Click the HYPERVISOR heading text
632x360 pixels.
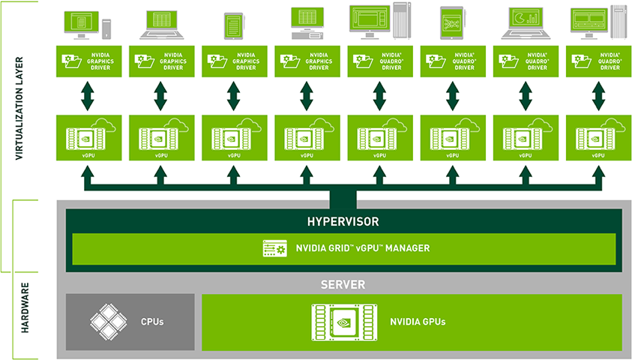click(x=343, y=222)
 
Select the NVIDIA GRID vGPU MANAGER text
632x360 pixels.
click(x=363, y=248)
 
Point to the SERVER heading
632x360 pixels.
click(x=343, y=285)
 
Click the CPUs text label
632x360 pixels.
click(x=153, y=322)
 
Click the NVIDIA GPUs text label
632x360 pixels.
click(x=418, y=322)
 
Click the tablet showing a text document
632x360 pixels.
click(x=233, y=23)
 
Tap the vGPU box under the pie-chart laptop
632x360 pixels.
click(x=526, y=137)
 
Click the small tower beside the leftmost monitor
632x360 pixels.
click(x=106, y=28)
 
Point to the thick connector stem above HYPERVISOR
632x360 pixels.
click(x=343, y=199)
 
